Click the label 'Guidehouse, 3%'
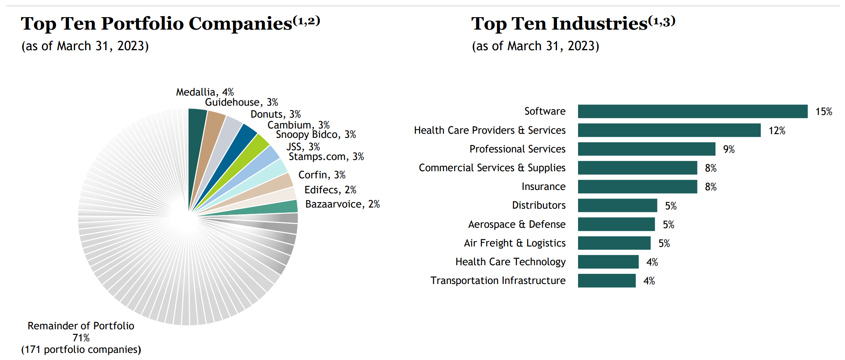pyautogui.click(x=241, y=102)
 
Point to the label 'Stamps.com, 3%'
pyautogui.click(x=326, y=157)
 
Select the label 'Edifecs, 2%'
pyautogui.click(x=330, y=190)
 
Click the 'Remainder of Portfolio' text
pyautogui.click(x=81, y=326)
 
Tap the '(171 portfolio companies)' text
pyautogui.click(x=81, y=350)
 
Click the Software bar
pyautogui.click(x=692, y=111)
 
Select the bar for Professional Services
pyautogui.click(x=646, y=149)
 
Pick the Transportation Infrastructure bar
pyautogui.click(x=607, y=281)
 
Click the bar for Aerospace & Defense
pyautogui.click(x=616, y=224)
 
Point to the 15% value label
pyautogui.click(x=823, y=112)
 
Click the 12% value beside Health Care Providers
pyautogui.click(x=776, y=131)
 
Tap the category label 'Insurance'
pyautogui.click(x=543, y=187)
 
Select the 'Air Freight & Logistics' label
pyautogui.click(x=514, y=243)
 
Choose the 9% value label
pyautogui.click(x=729, y=149)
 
